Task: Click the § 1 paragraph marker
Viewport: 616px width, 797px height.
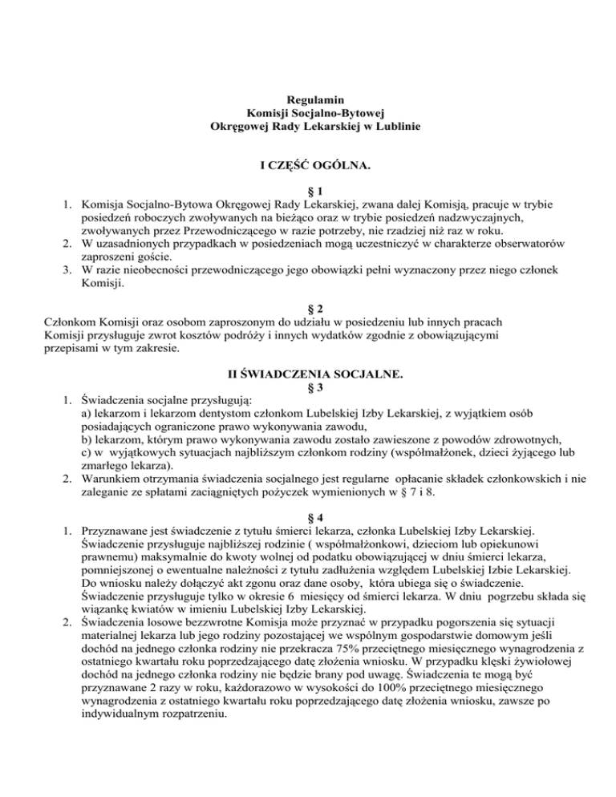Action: click(308, 192)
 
